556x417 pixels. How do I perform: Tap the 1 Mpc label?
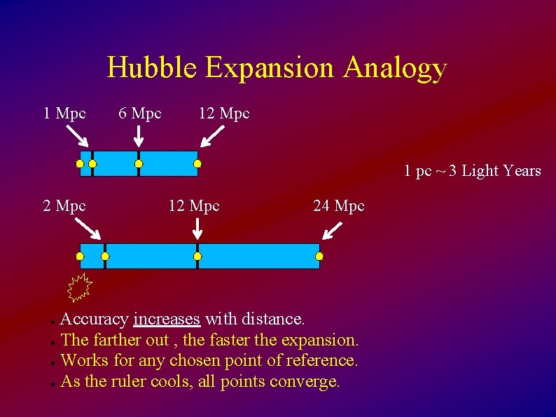pos(64,113)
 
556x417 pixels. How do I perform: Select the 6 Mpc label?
pos(140,113)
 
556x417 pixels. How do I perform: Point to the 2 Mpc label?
pos(64,205)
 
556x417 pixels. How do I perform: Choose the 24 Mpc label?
pos(339,205)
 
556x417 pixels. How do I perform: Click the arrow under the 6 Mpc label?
pos(139,136)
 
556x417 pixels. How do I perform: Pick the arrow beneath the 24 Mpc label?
pos(334,230)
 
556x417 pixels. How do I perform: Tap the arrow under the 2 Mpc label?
pos(88,228)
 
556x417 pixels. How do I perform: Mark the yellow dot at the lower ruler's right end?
pos(319,257)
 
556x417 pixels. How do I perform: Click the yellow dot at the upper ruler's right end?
pos(197,164)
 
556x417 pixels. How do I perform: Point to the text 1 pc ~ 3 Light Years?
pos(472,170)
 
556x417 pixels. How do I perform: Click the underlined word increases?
pos(167,319)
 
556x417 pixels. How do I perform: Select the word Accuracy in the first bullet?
pos(95,319)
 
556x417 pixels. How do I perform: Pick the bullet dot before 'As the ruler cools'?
pos(53,383)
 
